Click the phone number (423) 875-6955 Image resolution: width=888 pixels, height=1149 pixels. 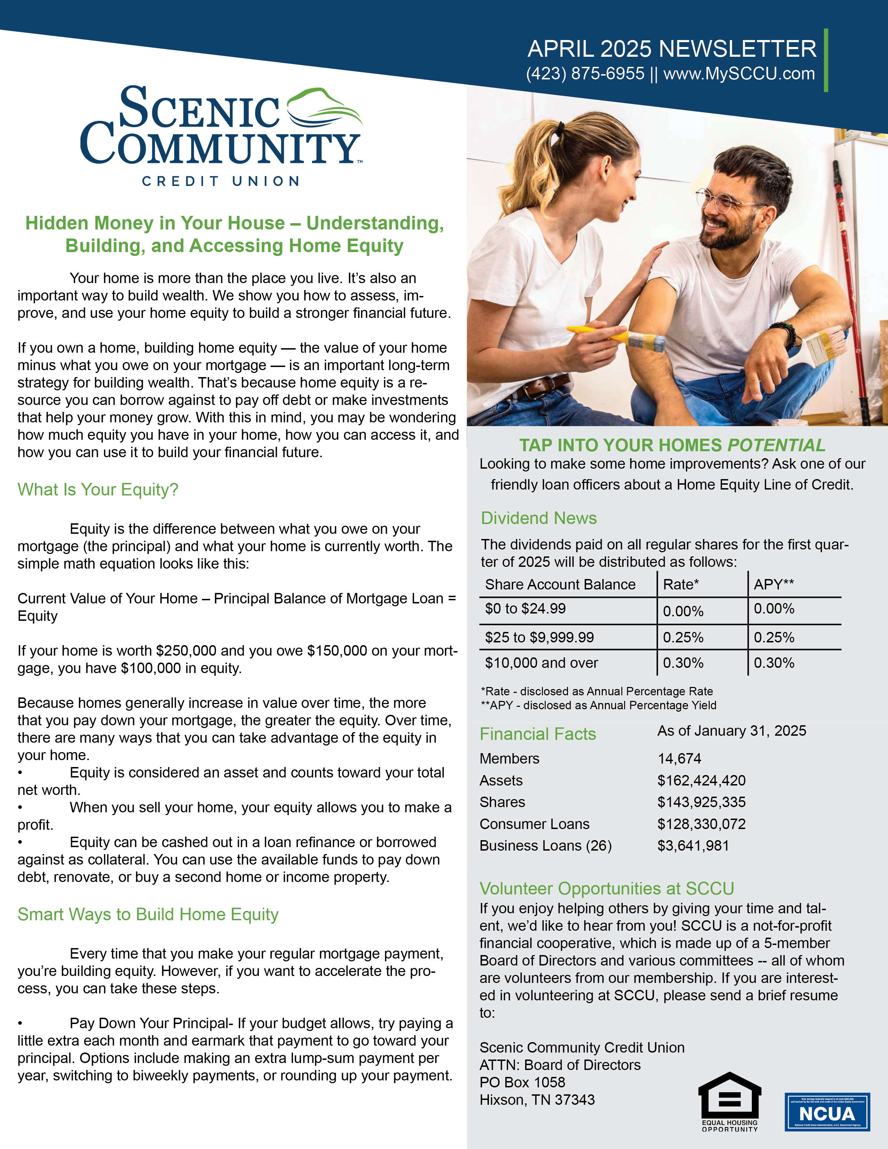(x=585, y=74)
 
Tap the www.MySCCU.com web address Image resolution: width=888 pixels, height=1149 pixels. (x=739, y=74)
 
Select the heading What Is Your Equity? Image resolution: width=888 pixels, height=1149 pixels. (x=98, y=490)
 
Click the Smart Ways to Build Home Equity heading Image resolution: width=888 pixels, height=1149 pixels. (x=148, y=914)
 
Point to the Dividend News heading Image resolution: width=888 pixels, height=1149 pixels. (x=539, y=518)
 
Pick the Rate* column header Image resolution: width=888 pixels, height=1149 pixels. (x=681, y=585)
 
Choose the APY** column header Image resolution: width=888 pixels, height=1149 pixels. (x=773, y=585)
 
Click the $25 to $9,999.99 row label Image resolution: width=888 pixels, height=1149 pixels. (x=539, y=638)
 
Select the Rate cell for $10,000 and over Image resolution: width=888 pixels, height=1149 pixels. (x=683, y=663)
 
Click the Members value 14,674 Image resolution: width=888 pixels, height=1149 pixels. (x=679, y=759)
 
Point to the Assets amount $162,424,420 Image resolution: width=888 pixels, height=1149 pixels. (x=701, y=781)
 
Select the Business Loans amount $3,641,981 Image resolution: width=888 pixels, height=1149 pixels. (x=693, y=846)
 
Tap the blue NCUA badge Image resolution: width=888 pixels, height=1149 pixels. (x=827, y=1112)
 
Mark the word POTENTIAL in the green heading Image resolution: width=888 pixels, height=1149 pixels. (x=776, y=446)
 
